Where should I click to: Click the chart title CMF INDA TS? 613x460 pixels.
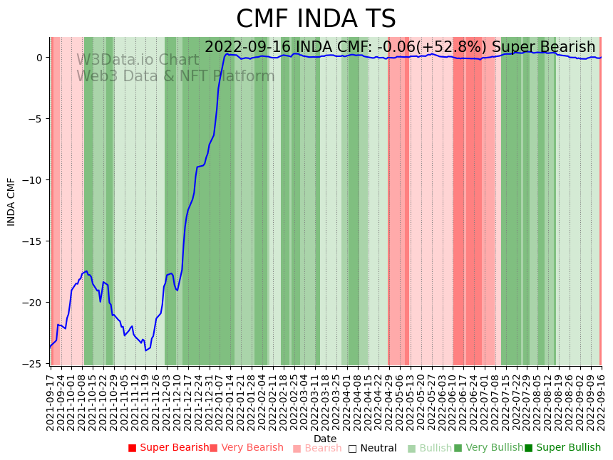click(316, 19)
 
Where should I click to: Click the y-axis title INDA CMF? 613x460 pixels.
click(11, 202)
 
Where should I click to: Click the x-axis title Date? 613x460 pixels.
click(325, 439)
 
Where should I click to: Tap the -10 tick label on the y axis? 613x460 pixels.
click(34, 179)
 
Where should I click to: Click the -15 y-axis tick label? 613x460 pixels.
click(34, 241)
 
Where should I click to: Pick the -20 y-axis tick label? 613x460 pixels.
click(34, 302)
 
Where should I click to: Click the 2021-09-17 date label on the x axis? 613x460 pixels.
click(51, 399)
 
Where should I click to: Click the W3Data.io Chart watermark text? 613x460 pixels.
click(138, 60)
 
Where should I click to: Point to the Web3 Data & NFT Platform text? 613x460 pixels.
click(175, 76)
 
